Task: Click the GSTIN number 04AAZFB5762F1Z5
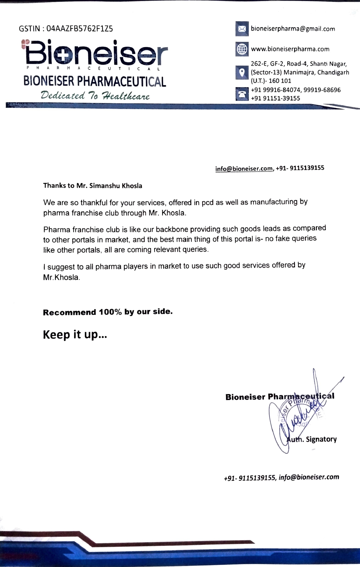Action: pyautogui.click(x=80, y=29)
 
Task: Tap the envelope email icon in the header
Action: pyautogui.click(x=242, y=29)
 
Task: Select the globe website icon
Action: pyautogui.click(x=242, y=49)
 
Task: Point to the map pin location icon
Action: pyautogui.click(x=242, y=73)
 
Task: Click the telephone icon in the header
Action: pyautogui.click(x=242, y=94)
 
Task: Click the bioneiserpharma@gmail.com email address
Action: pyautogui.click(x=293, y=29)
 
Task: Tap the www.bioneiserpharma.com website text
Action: pyautogui.click(x=290, y=49)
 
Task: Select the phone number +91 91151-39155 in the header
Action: pyautogui.click(x=275, y=98)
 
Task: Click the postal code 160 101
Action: pyautogui.click(x=280, y=81)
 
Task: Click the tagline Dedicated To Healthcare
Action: pyautogui.click(x=95, y=95)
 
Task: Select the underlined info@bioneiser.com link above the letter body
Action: pyautogui.click(x=244, y=169)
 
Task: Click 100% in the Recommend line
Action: pyautogui.click(x=110, y=312)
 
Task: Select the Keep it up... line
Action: pyautogui.click(x=75, y=334)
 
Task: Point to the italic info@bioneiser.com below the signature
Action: pyautogui.click(x=309, y=477)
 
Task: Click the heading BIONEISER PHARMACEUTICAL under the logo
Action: pyautogui.click(x=94, y=81)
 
